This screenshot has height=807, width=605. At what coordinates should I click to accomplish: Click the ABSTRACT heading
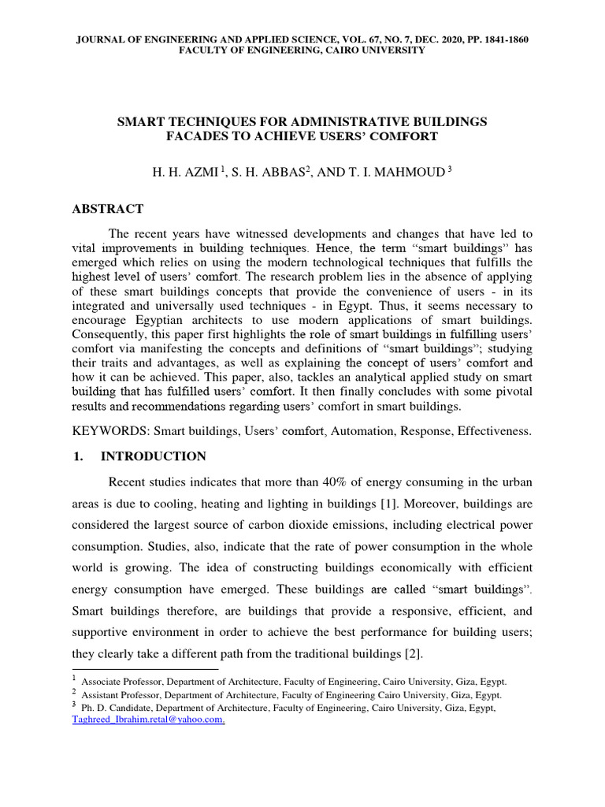tap(108, 209)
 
